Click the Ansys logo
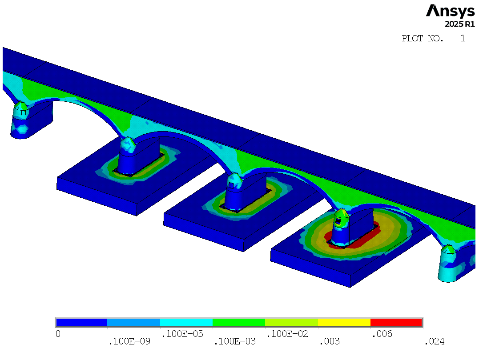point(450,11)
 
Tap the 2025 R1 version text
point(460,24)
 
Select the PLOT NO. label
point(423,39)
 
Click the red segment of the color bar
point(396,322)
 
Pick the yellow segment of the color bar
point(344,322)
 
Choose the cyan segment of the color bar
point(186,322)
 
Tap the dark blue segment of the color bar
point(81,322)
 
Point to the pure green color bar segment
point(238,322)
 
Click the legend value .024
point(435,341)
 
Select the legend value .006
point(382,334)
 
